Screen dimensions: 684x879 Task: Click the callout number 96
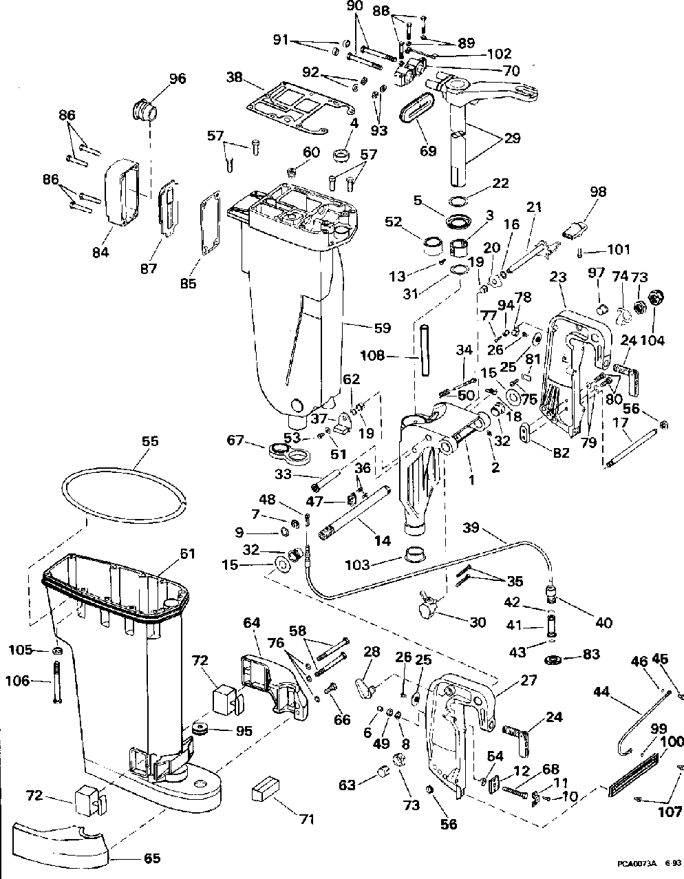click(178, 78)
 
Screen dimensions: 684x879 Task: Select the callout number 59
click(383, 328)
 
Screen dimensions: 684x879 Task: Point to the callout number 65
click(152, 858)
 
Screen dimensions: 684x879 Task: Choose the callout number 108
click(372, 355)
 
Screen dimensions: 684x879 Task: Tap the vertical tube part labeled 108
click(424, 350)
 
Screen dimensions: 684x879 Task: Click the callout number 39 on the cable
click(471, 527)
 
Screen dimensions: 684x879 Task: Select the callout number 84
click(100, 252)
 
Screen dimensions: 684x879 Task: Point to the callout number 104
click(653, 340)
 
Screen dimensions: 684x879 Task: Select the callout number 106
click(18, 681)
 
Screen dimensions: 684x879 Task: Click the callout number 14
click(383, 541)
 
